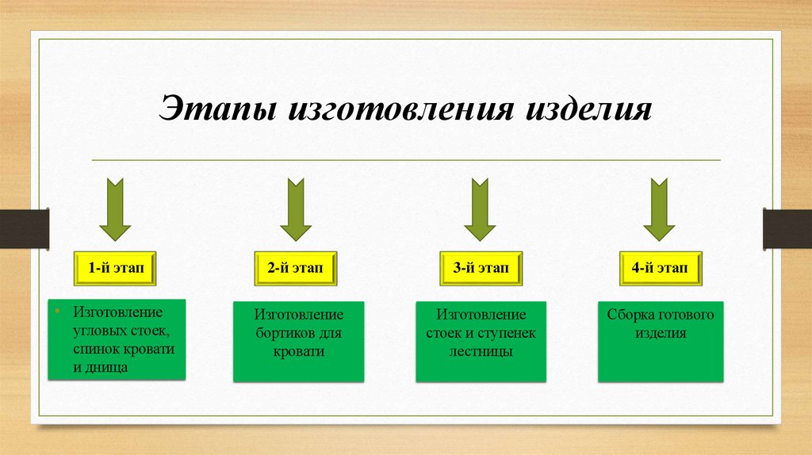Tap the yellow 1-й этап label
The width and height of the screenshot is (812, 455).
[115, 270]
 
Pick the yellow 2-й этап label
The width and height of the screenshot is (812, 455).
[295, 270]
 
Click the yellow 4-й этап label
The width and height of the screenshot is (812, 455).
[660, 270]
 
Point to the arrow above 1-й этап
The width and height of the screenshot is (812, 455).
[115, 209]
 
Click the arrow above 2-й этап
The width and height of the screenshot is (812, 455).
[295, 209]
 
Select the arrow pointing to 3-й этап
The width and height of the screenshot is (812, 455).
[480, 209]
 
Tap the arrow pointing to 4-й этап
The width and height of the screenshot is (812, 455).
[659, 209]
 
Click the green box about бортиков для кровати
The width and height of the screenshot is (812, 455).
[299, 341]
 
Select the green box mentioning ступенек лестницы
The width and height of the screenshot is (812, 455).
[481, 341]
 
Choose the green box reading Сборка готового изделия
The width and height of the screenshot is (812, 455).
[661, 341]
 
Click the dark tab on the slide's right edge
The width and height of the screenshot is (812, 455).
[787, 227]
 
